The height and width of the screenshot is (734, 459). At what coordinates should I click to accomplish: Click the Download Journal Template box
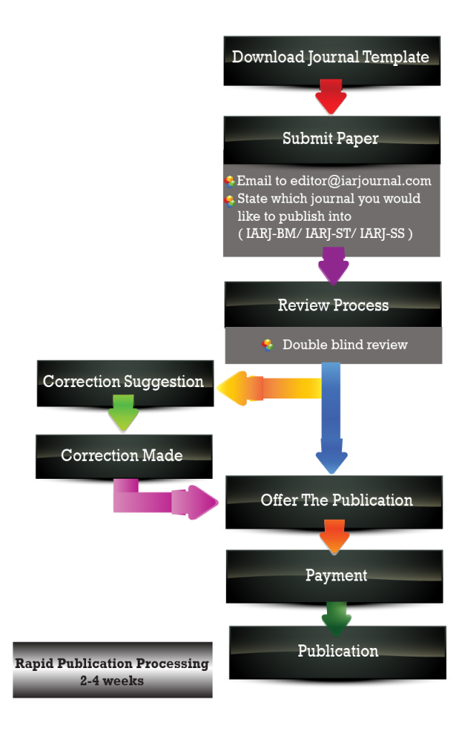point(331,57)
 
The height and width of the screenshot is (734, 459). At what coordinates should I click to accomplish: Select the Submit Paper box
point(331,138)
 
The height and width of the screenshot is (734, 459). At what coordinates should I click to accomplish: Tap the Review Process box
point(333,305)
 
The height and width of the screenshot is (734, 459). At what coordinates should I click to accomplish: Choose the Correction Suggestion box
point(123,381)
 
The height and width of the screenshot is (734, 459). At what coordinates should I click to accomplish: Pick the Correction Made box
point(122,455)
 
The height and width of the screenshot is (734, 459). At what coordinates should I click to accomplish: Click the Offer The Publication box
point(336,500)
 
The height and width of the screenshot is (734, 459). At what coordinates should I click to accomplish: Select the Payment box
point(336,575)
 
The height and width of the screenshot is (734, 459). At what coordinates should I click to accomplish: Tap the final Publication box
point(338,651)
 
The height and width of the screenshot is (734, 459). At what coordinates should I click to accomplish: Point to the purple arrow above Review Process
point(333,265)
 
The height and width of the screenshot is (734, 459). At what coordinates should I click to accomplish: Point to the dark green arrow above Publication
point(336,617)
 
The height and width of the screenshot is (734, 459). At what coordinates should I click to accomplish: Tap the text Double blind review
point(345,345)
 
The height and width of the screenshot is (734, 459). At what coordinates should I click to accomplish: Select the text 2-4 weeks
point(112,681)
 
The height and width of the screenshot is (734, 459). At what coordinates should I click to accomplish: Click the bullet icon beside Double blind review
point(268,345)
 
